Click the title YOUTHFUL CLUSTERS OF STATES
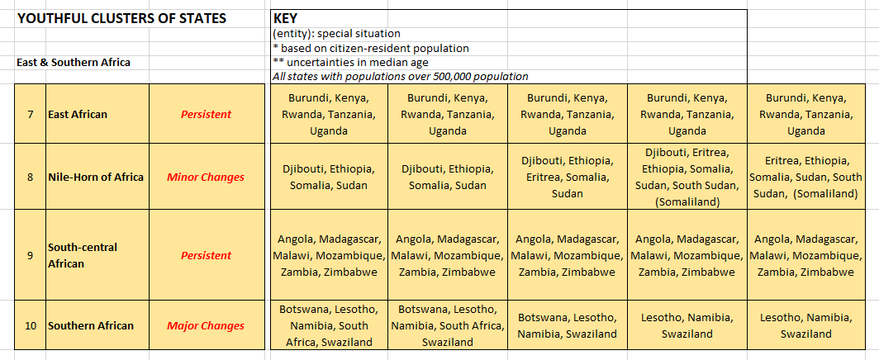point(121,18)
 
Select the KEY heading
point(285,18)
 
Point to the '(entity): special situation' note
point(336,34)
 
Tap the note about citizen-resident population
point(370,48)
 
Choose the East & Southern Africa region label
point(74,62)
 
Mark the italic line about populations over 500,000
point(400,76)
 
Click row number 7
point(30,114)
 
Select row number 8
point(30,177)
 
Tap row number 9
point(30,255)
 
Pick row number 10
point(30,325)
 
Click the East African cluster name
point(78,114)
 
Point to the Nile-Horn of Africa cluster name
point(96,177)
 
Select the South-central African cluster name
point(83,255)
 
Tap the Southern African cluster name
point(91,325)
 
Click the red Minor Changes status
point(206,177)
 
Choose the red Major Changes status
point(206,325)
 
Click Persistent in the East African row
point(206,114)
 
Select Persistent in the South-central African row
point(206,255)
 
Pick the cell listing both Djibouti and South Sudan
point(687,177)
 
